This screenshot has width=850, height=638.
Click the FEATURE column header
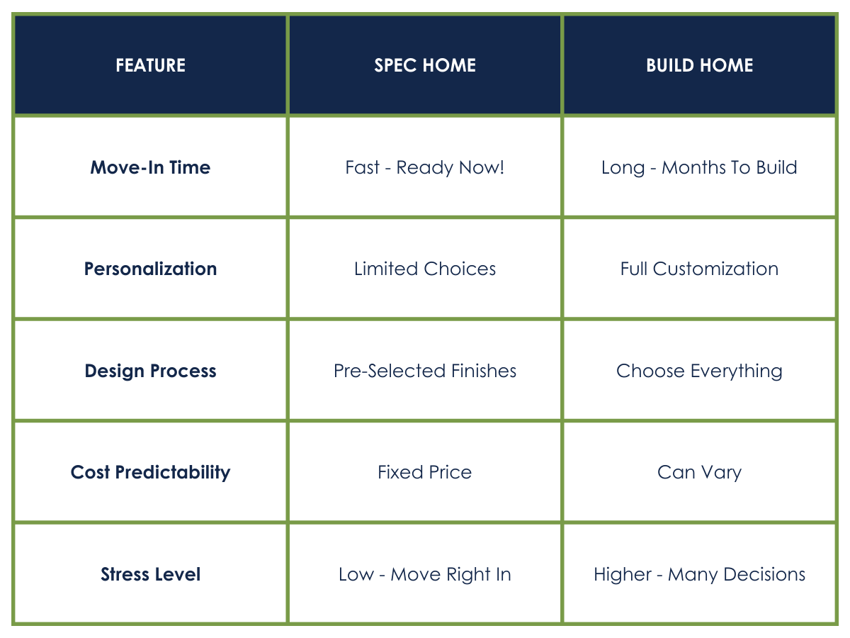tap(150, 65)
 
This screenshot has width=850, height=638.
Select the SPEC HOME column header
tap(425, 65)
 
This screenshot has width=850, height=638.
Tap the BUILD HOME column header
tap(699, 65)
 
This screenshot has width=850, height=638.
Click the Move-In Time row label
tap(150, 167)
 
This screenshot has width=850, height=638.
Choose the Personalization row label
tap(150, 269)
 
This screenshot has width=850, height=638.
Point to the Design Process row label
tap(150, 371)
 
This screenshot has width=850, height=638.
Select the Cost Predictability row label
tap(150, 472)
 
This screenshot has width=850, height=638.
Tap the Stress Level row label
tap(150, 574)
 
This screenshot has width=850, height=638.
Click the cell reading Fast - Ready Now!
tap(425, 168)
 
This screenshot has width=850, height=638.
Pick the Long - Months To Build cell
tap(699, 168)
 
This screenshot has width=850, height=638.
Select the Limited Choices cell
tap(425, 269)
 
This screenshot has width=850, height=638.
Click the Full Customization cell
tap(699, 269)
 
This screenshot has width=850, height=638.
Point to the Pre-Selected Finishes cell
tap(425, 371)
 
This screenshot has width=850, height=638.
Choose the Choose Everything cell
tap(699, 371)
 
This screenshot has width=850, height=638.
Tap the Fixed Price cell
tap(425, 472)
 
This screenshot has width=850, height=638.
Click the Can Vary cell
tap(699, 473)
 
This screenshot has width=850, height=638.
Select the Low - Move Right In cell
tap(425, 574)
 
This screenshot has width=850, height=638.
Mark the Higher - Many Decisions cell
tap(699, 574)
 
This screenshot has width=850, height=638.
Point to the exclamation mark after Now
tap(502, 167)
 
